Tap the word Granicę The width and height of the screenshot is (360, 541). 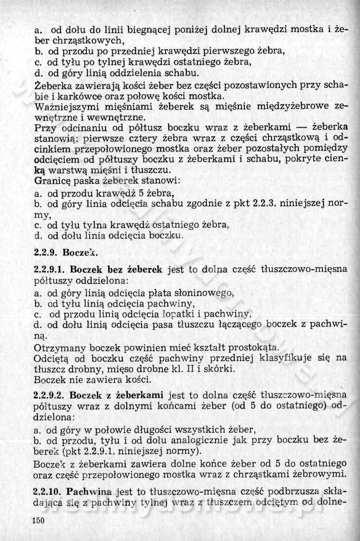tap(50, 181)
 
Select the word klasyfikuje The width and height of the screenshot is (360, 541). tap(291, 358)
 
